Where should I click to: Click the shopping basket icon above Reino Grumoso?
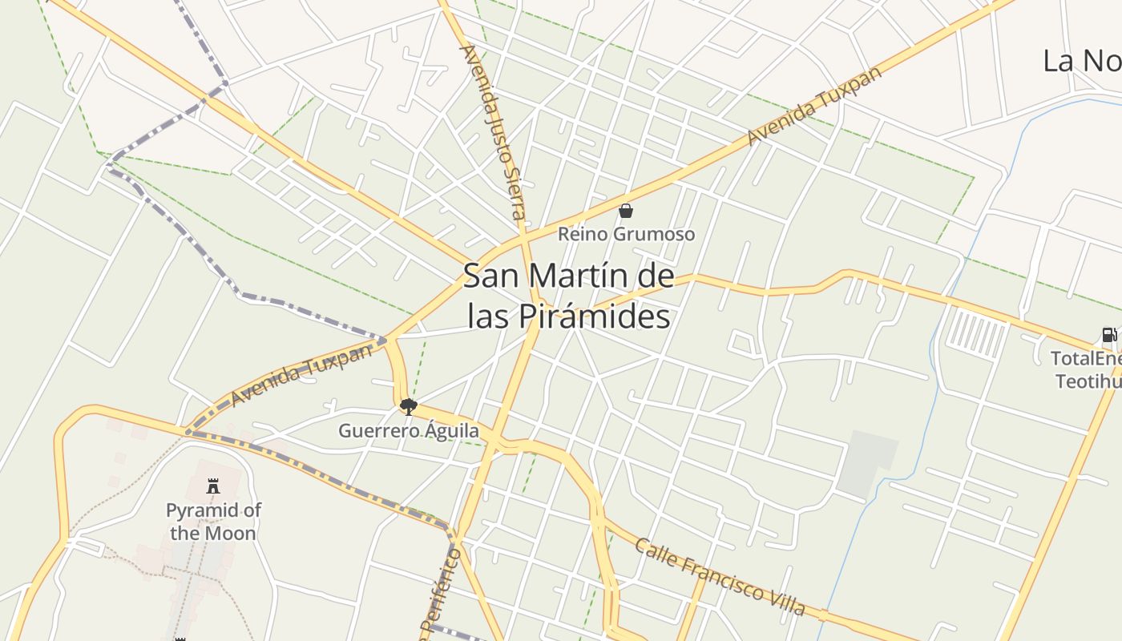click(626, 211)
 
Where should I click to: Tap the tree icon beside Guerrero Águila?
click(409, 406)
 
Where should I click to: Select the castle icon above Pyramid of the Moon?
click(213, 486)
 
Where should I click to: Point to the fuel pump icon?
click(1108, 335)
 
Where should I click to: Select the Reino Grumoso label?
click(626, 234)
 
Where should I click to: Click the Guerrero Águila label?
click(409, 431)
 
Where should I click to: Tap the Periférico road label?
click(438, 593)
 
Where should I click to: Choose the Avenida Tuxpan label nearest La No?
click(814, 104)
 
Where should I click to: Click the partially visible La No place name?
click(1081, 61)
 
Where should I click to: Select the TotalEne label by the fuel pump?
click(1085, 358)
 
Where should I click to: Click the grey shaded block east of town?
click(866, 463)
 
